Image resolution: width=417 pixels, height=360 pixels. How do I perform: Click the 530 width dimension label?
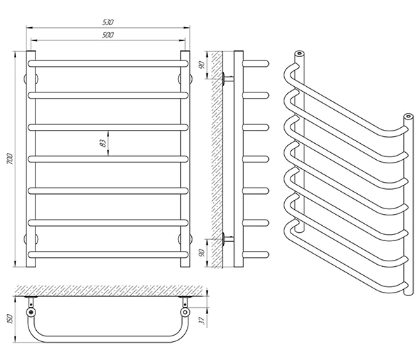click(x=107, y=22)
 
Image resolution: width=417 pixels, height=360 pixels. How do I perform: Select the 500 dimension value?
click(x=107, y=35)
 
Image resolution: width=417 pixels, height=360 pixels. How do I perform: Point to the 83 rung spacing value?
click(x=103, y=143)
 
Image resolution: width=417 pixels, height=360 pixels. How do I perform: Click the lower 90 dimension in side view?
click(x=202, y=253)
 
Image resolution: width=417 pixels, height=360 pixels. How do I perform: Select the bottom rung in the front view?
click(x=107, y=254)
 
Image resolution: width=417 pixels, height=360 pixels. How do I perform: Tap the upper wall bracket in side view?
click(x=227, y=79)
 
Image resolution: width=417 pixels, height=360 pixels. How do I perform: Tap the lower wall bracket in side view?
click(x=227, y=240)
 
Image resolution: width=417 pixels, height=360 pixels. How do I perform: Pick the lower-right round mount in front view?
click(x=186, y=239)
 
